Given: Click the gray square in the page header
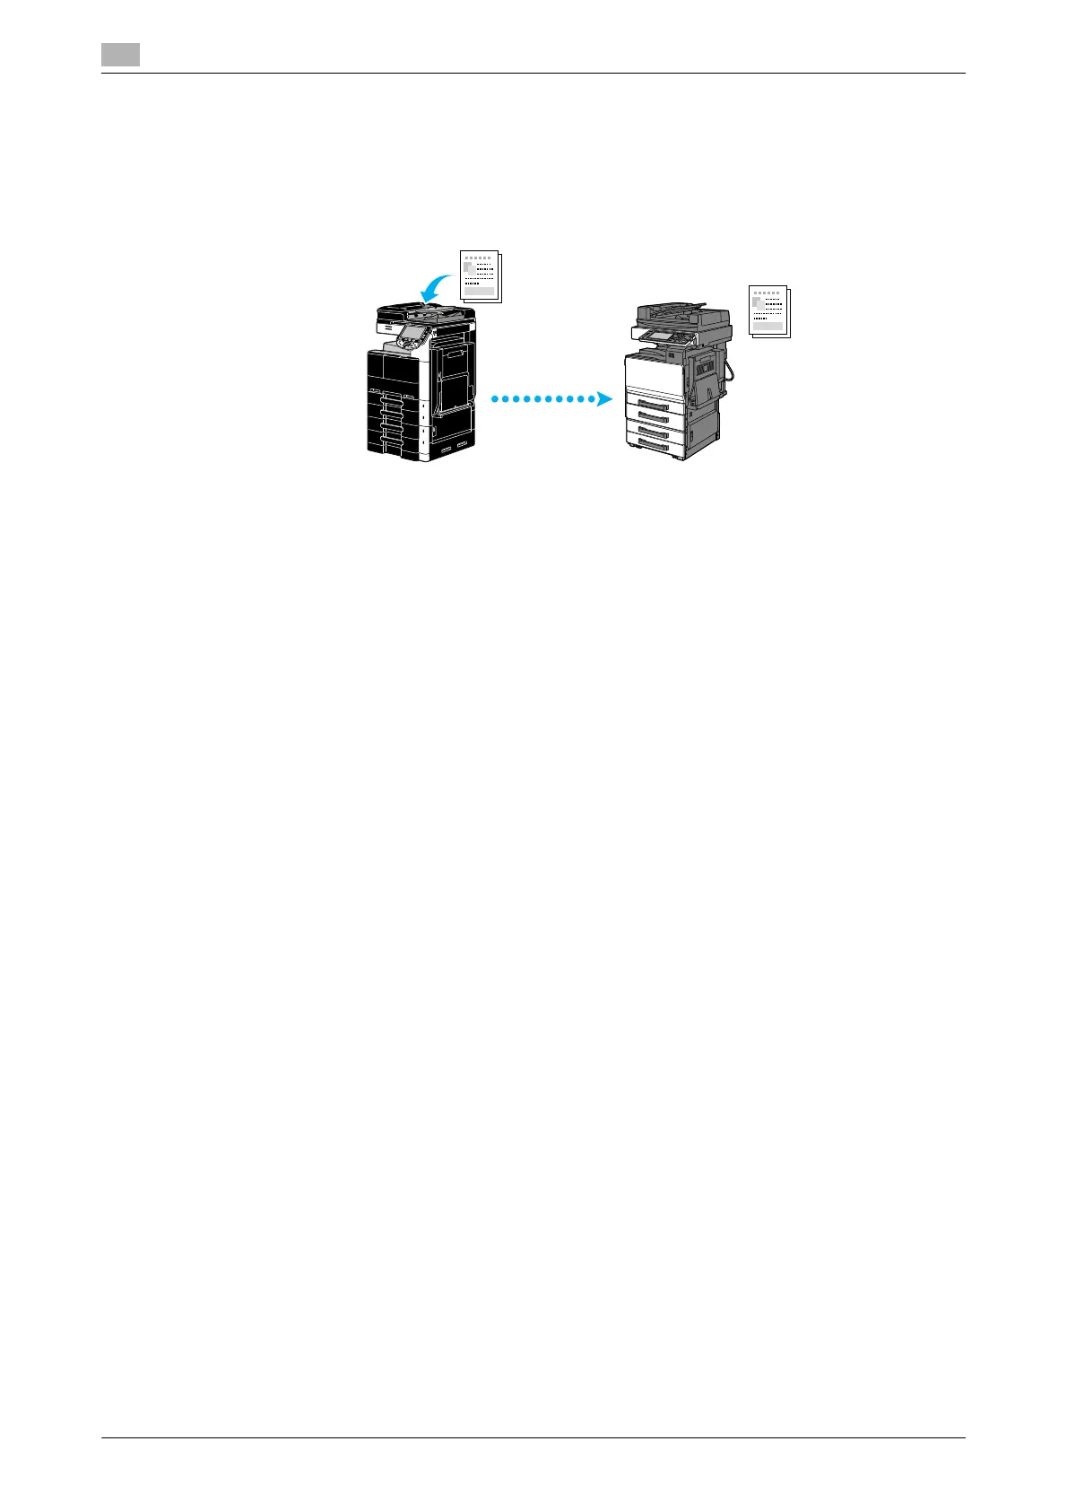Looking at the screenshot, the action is click(120, 55).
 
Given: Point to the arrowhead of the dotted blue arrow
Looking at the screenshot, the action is click(604, 398).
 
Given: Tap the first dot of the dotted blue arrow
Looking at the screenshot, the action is click(495, 398).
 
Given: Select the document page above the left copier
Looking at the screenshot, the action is click(480, 276).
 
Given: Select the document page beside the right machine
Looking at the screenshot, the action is click(768, 310).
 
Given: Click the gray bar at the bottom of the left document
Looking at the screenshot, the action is click(479, 291).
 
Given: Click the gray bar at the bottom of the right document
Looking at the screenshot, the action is click(767, 326).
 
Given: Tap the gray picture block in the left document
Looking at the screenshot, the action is click(468, 268).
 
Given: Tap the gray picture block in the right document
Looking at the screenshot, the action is click(757, 302).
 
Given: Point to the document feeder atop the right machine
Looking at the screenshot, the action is click(681, 313).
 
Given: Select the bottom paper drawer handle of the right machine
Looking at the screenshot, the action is click(654, 443).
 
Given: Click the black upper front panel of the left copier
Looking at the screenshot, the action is click(393, 369).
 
